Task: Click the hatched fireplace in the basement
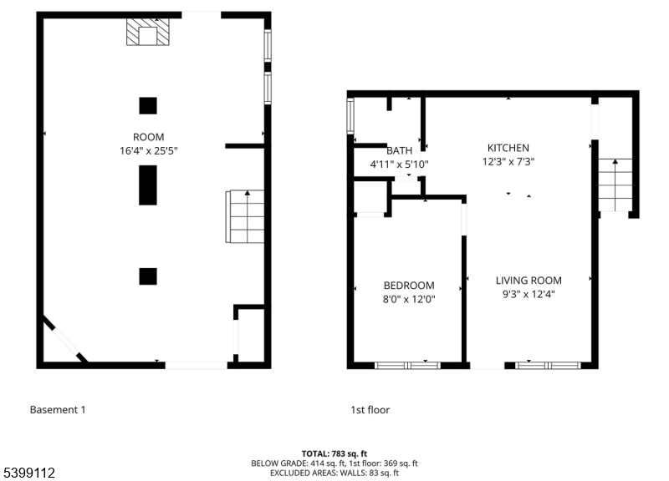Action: coord(148,32)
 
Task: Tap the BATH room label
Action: coord(400,150)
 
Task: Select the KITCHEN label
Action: coord(508,148)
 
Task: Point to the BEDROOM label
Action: coord(409,286)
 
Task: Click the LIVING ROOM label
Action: coord(529,281)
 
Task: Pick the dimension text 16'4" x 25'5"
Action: coord(149,151)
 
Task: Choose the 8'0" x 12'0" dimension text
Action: coord(409,299)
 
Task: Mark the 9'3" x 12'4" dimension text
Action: coord(529,294)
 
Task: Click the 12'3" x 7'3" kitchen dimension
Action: coord(508,161)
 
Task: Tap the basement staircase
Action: coord(245,216)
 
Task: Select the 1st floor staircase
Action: coord(615,185)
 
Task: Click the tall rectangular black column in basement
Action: coord(148,185)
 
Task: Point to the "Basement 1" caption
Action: coord(58,410)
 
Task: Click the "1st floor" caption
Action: coord(370,410)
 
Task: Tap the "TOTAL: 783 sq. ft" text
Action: coord(334,453)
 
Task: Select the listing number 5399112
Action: coord(29,473)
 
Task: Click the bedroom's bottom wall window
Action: coord(407,365)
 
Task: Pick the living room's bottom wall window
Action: coord(548,365)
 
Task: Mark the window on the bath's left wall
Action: coord(350,116)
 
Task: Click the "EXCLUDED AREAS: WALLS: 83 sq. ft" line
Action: coord(334,473)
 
